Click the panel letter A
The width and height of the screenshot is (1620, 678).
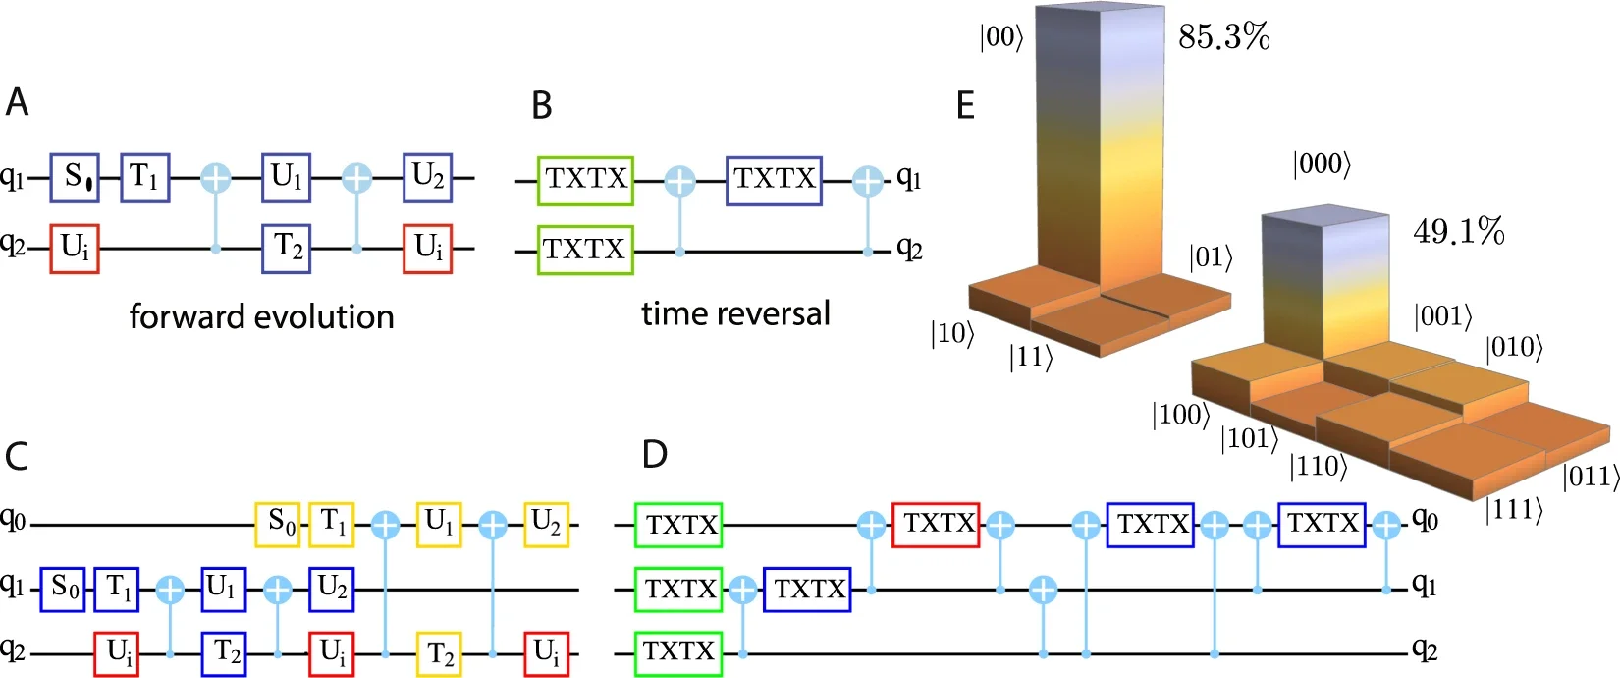click(x=17, y=102)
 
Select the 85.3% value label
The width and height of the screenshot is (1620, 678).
click(x=1223, y=37)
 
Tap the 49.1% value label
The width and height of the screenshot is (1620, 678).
click(x=1458, y=232)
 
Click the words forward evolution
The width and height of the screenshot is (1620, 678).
click(x=261, y=316)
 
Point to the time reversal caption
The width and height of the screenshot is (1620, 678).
click(x=735, y=313)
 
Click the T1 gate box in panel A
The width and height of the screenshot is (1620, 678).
click(x=145, y=178)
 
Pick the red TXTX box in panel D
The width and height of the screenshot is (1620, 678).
click(x=940, y=524)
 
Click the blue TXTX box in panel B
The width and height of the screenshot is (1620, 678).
click(x=774, y=180)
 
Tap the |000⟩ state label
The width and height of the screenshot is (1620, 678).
click(x=1322, y=164)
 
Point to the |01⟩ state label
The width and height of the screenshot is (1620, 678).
click(x=1210, y=257)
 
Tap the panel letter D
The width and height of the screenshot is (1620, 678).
click(x=654, y=455)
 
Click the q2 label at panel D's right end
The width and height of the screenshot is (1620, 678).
click(x=1424, y=650)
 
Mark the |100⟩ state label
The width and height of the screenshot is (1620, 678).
click(x=1180, y=415)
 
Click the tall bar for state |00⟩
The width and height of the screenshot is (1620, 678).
click(x=1100, y=147)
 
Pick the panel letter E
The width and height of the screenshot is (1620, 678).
click(x=965, y=105)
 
